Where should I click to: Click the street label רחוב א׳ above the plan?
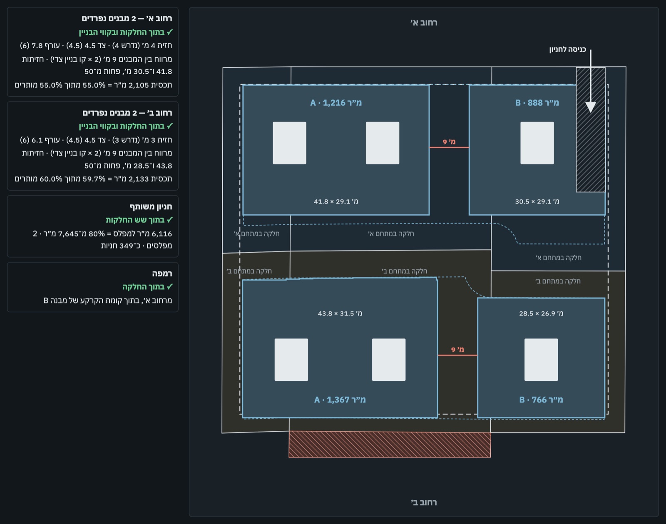click(424, 22)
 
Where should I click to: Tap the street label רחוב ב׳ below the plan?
click(424, 502)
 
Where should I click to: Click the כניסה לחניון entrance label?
click(568, 50)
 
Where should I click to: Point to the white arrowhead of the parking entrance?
click(591, 107)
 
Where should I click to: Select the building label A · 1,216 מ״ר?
click(336, 103)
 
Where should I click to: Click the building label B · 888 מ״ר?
click(537, 103)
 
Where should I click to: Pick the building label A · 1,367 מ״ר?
click(340, 400)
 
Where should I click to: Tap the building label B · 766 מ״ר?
click(541, 400)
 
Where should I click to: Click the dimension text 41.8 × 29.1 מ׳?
click(336, 201)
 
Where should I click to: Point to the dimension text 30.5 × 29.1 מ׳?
click(537, 201)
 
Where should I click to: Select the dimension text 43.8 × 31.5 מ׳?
click(340, 313)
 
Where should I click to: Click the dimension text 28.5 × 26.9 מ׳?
click(541, 313)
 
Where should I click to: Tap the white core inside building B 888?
click(537, 143)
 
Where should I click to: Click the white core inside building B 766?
click(541, 360)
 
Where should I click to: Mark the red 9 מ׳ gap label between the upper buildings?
click(449, 142)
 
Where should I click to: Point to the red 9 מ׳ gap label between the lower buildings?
click(457, 350)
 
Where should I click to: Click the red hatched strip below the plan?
click(390, 445)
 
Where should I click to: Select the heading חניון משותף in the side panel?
click(151, 207)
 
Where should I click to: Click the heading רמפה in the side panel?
click(162, 273)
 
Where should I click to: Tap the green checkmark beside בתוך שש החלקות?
click(169, 220)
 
